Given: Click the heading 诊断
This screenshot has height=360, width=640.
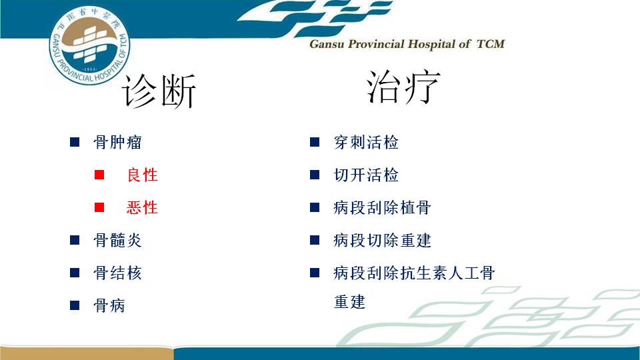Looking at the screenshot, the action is (x=159, y=91).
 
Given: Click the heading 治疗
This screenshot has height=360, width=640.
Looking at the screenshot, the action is (x=403, y=87).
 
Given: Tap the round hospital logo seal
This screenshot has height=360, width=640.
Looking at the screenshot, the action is (x=89, y=45).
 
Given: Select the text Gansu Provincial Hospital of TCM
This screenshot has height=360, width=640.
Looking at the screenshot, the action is (x=407, y=44).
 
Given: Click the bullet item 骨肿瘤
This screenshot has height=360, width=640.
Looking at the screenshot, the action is (x=117, y=142).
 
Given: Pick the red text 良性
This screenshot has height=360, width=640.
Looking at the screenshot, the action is (x=142, y=175).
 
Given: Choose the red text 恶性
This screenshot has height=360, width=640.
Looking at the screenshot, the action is (x=142, y=207).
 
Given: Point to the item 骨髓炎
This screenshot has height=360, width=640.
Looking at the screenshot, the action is (x=117, y=240).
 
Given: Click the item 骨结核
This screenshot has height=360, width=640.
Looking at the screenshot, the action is (x=117, y=273).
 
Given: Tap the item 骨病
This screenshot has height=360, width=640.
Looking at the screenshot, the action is (x=109, y=305).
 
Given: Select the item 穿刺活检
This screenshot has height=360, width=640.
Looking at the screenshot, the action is (x=366, y=142).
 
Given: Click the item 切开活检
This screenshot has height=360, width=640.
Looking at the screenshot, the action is (x=366, y=175).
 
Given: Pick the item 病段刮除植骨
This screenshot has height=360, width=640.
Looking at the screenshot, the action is (x=383, y=207).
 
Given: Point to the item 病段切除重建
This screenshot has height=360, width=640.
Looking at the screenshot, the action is (x=383, y=240).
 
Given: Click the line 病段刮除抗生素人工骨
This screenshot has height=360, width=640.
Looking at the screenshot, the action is (x=414, y=273).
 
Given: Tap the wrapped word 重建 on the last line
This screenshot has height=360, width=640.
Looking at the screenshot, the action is (x=350, y=302).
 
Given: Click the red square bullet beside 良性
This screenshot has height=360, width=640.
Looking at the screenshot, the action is (x=99, y=175).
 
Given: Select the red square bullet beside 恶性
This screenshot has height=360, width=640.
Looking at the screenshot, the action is (x=99, y=207).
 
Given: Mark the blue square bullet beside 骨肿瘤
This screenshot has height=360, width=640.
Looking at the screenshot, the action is (x=75, y=142).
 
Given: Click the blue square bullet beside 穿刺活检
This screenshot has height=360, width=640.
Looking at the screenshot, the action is (x=315, y=142).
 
